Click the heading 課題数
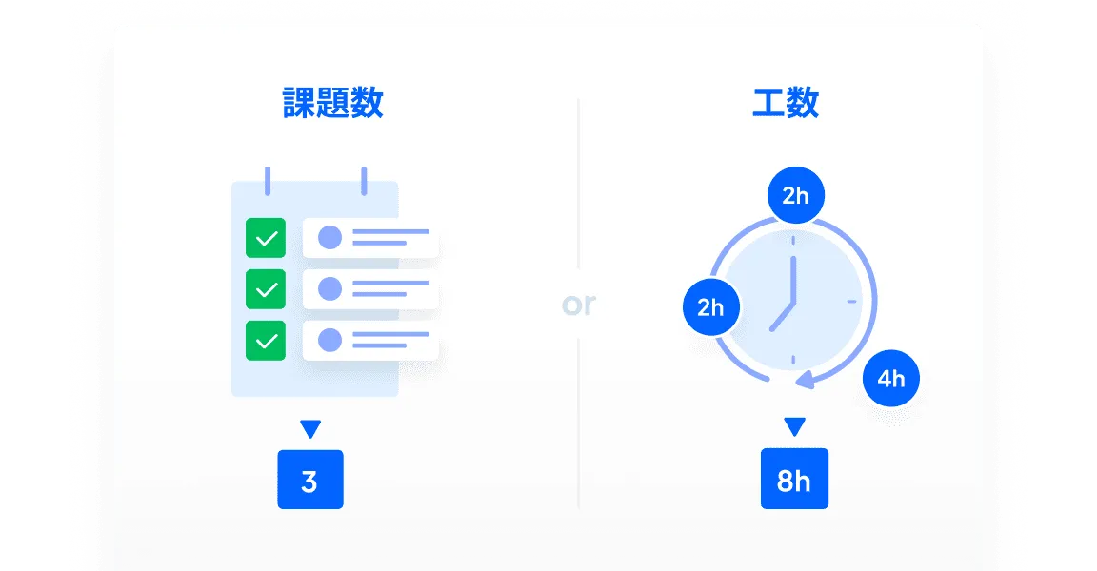coord(333,103)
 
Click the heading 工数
coord(786,103)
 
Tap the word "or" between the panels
coord(578,304)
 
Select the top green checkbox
coord(266,238)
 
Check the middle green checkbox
coord(266,288)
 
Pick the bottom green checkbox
coord(266,340)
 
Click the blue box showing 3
coord(309,480)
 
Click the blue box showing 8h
coord(794,480)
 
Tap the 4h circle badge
coord(890,379)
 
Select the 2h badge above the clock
coord(795,196)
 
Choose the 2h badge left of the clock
coord(710,307)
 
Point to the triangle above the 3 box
coord(309,428)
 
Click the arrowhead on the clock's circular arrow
coord(806,381)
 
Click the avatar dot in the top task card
coord(329,237)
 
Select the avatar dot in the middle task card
coord(329,288)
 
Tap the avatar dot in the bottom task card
coord(329,340)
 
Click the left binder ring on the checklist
coord(268,180)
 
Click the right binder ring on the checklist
coord(363,180)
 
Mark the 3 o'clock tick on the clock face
coord(851,302)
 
